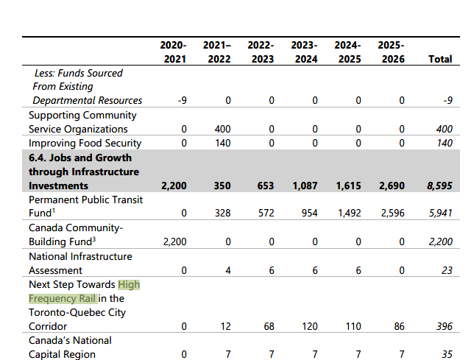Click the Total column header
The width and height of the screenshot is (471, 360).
[440, 59]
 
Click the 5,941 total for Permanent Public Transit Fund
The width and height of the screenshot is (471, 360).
[439, 213]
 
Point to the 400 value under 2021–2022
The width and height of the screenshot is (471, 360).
[222, 130]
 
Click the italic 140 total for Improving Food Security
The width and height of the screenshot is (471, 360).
[444, 144]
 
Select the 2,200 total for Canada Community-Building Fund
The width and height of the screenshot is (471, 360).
[439, 241]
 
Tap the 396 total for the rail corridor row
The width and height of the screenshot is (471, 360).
[444, 326]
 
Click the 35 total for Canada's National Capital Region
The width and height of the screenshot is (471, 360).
[446, 354]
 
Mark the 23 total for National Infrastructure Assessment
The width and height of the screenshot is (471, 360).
[446, 270]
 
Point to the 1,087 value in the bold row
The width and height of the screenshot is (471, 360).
[304, 186]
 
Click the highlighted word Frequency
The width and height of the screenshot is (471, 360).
[52, 298]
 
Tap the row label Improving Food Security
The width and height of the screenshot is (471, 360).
[85, 144]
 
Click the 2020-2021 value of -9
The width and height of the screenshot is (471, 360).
[181, 101]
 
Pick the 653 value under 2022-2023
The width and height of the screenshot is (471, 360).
[266, 186]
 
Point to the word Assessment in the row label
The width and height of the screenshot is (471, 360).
[56, 270]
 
